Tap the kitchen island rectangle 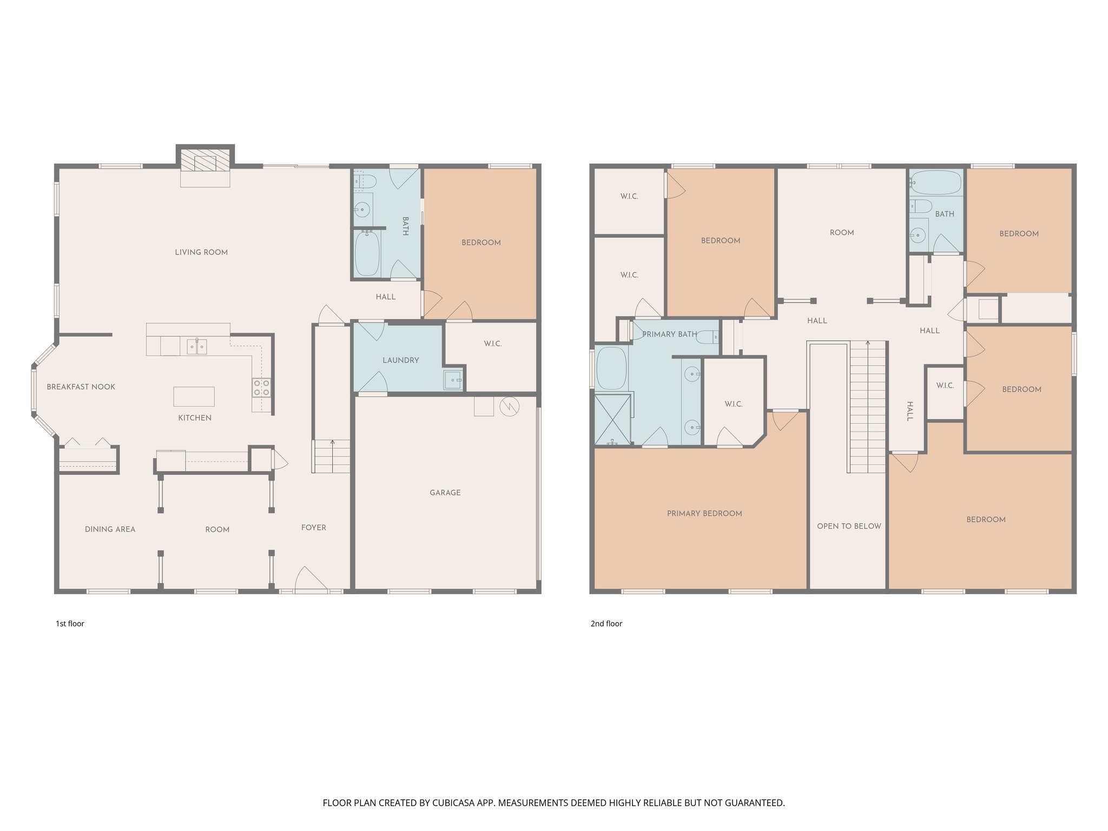[x=194, y=397]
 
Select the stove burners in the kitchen [x=261, y=387]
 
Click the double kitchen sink [x=196, y=346]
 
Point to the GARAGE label [x=445, y=493]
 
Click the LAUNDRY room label [x=400, y=360]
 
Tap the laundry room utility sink [x=453, y=380]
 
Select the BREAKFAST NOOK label [x=81, y=387]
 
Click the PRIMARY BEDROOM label [x=704, y=513]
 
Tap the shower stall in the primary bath [x=612, y=419]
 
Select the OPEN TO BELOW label [x=848, y=526]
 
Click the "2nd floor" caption [x=606, y=624]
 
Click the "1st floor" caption [x=70, y=624]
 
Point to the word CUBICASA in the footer [x=453, y=803]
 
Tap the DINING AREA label [x=110, y=530]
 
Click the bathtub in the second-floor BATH [x=935, y=183]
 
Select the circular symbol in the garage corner [x=509, y=407]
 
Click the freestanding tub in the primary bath [x=611, y=368]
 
